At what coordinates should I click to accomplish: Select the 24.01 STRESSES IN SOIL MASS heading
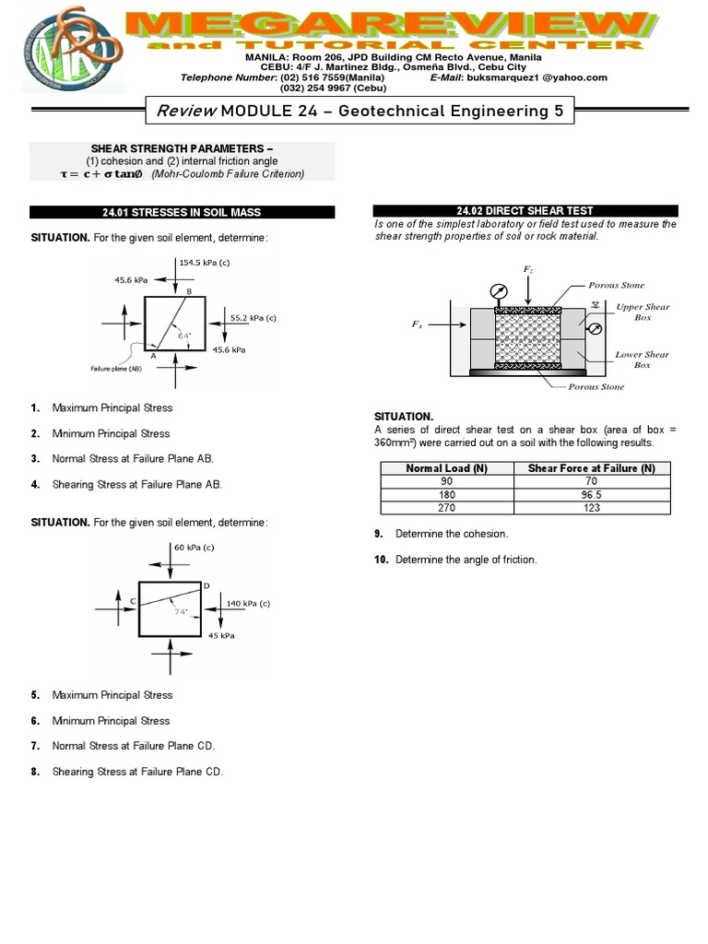[182, 212]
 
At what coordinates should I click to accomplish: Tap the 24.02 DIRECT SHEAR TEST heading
[525, 211]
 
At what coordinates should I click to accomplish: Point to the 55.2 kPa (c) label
[254, 317]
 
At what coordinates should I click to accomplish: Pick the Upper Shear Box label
[643, 312]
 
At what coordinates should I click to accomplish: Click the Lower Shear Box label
[643, 360]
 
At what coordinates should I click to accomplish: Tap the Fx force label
[416, 324]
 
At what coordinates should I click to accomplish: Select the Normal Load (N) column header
[446, 468]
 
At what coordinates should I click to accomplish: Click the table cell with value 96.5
[591, 494]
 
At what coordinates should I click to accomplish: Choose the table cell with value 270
[446, 507]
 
